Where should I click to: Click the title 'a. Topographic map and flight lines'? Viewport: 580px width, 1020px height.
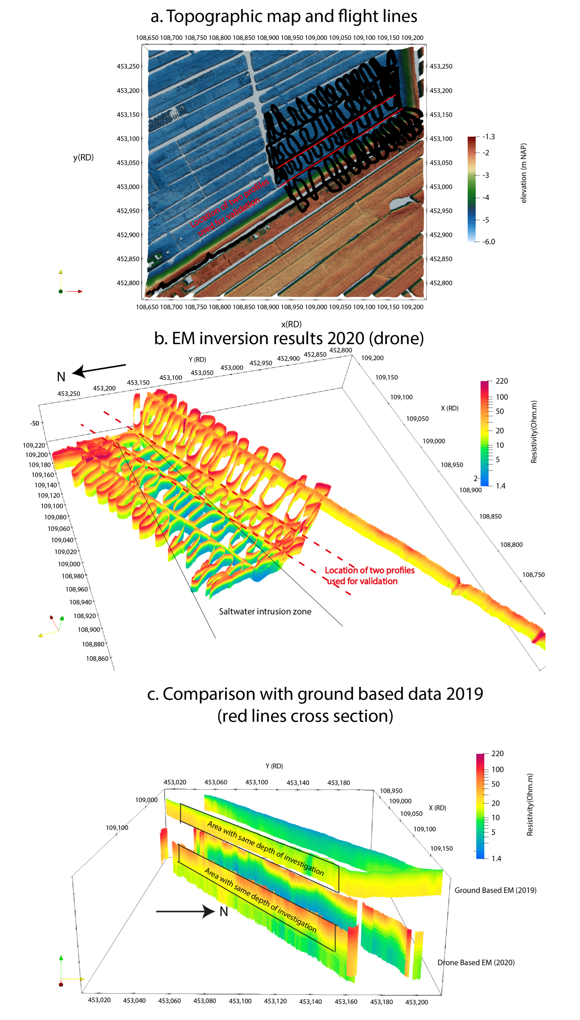coord(284,16)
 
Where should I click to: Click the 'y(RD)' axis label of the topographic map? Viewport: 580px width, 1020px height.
coord(83,157)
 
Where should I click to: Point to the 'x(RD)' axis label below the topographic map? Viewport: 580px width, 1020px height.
coord(291,324)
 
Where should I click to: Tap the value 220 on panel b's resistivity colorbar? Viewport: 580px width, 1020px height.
coord(502,381)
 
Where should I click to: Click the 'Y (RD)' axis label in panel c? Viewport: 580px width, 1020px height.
coord(274,766)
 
